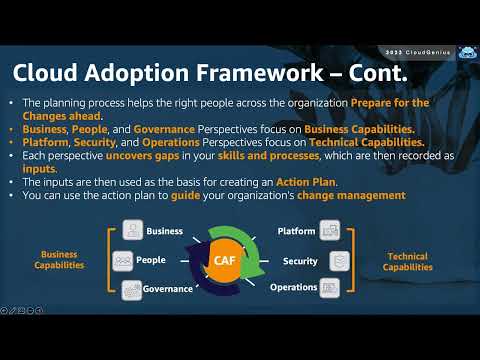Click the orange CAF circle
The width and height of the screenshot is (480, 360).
[225, 261]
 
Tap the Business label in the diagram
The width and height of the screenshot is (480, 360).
[164, 231]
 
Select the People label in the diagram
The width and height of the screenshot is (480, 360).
[151, 260]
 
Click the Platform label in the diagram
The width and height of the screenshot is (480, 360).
[296, 231]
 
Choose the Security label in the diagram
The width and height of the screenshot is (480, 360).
[301, 260]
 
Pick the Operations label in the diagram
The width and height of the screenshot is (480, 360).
[294, 288]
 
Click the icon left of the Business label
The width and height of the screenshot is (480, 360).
[133, 231]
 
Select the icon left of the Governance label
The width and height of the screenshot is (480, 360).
[133, 290]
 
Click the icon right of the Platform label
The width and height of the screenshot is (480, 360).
[329, 231]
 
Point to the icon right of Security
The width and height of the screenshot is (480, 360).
[340, 260]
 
